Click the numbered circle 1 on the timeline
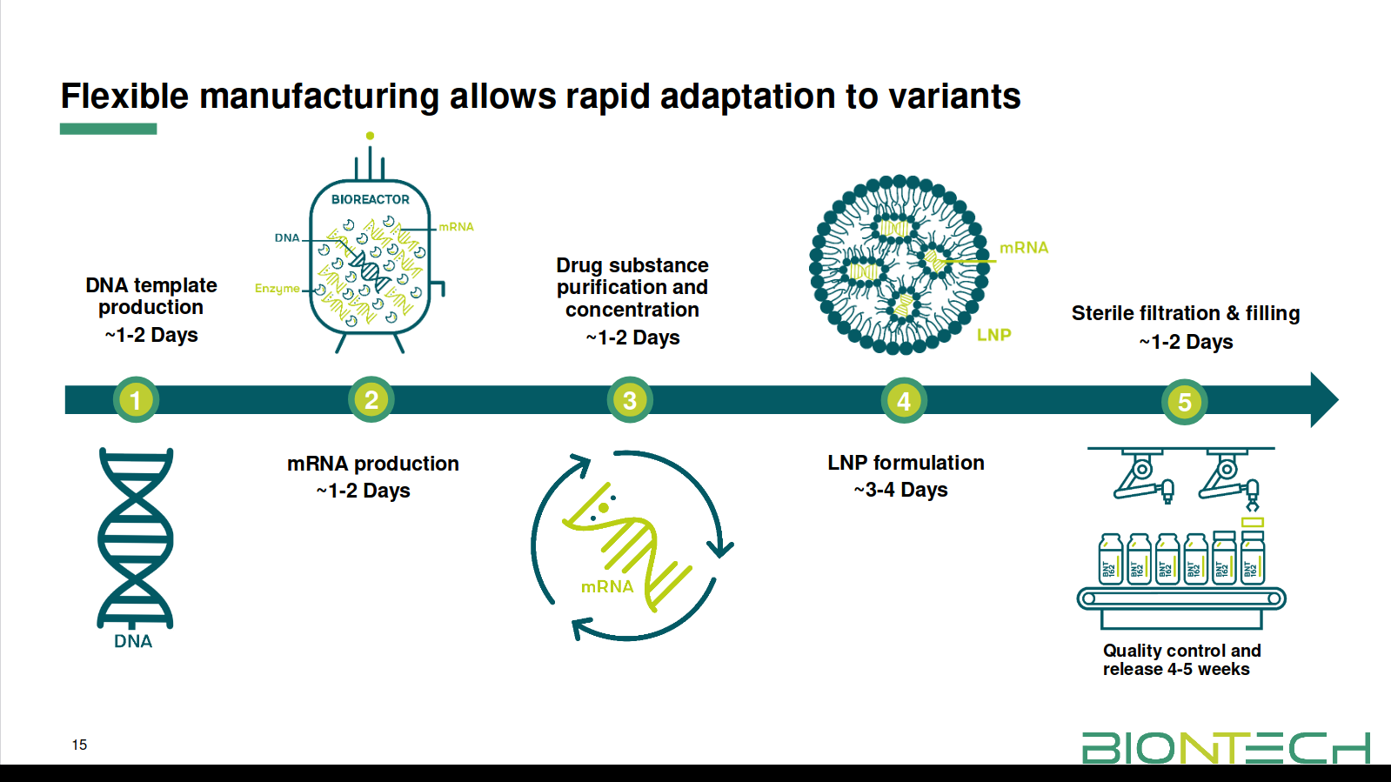[x=136, y=400]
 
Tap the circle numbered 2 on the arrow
[x=371, y=399]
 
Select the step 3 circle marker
[x=630, y=400]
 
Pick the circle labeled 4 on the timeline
[x=904, y=401]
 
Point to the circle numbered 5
[x=1184, y=402]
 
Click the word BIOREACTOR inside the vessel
[x=370, y=199]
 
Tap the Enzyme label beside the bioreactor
[x=277, y=288]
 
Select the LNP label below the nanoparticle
[x=993, y=335]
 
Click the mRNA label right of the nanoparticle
[x=1024, y=248]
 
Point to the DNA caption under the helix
[x=133, y=641]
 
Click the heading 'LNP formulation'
[x=906, y=463]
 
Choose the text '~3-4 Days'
[x=901, y=490]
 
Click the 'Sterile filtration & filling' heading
[x=1185, y=313]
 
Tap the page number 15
[x=79, y=745]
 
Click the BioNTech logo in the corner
[x=1225, y=747]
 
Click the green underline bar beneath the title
[x=108, y=129]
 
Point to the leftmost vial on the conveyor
[x=1110, y=558]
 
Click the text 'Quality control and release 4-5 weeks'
[x=1180, y=659]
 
